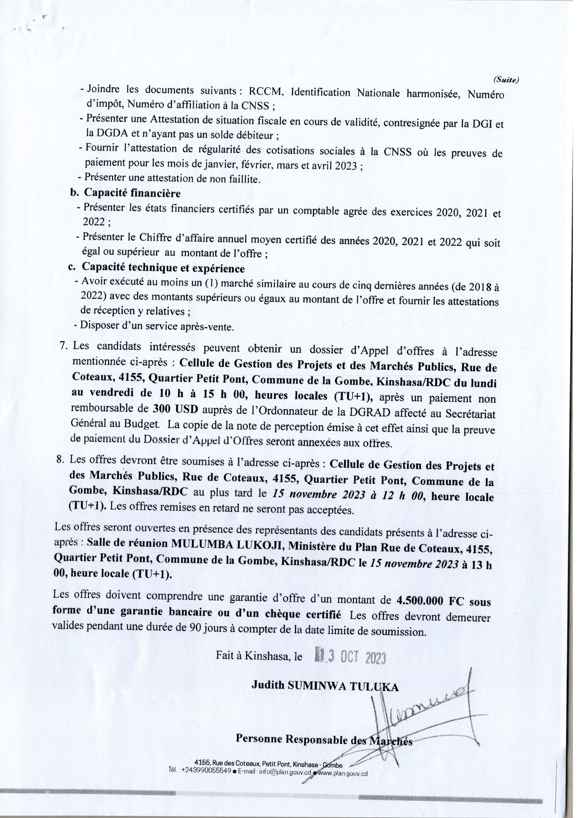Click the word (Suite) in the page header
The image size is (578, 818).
(x=506, y=81)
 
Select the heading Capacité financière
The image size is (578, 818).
(x=132, y=193)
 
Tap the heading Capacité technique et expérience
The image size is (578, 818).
(x=163, y=267)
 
